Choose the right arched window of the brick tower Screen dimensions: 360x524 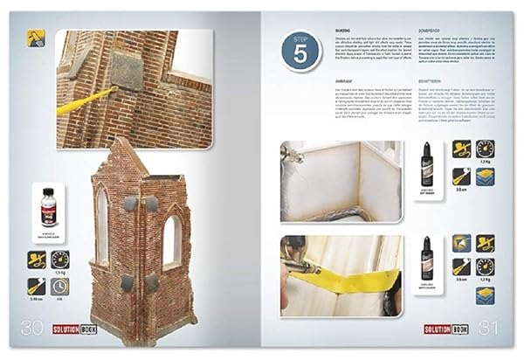(x=173, y=240)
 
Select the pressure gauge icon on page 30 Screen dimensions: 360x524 (x=60, y=259)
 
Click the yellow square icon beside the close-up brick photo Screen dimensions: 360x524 (x=38, y=38)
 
